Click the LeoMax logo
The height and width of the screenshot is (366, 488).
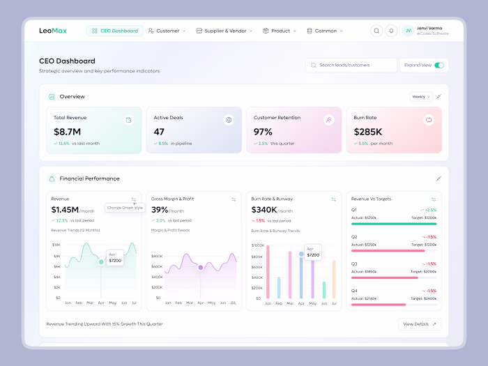(x=53, y=31)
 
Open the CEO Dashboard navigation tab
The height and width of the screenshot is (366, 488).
(x=115, y=31)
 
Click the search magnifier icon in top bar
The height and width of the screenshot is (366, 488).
(x=376, y=31)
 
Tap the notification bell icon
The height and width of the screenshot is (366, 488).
(x=391, y=31)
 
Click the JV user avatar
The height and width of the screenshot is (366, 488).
(x=408, y=31)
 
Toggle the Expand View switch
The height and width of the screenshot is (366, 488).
(x=439, y=65)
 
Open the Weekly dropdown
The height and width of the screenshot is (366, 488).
(x=420, y=97)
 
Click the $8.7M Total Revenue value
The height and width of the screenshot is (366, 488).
(x=68, y=132)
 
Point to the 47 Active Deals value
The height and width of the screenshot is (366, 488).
(x=159, y=132)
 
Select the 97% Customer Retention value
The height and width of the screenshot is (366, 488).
(x=263, y=132)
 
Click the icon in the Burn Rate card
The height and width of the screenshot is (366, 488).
(x=429, y=120)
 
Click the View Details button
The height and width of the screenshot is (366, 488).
(x=420, y=324)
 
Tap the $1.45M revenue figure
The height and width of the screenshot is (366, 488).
(x=65, y=210)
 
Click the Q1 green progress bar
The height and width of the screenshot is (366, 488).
(x=394, y=224)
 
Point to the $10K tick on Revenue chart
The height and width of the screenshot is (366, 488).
(x=56, y=245)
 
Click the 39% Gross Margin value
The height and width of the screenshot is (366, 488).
(x=160, y=210)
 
